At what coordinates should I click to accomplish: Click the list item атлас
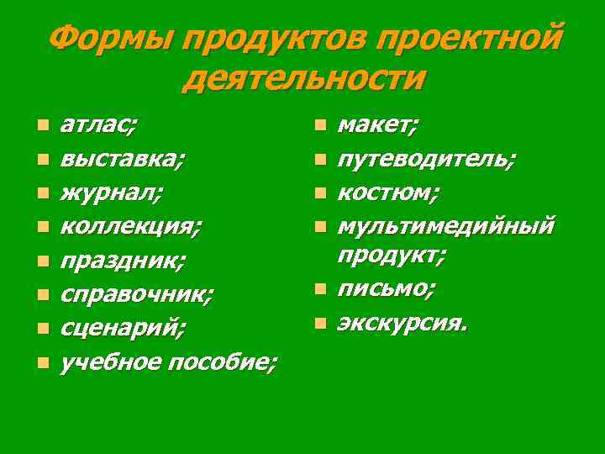(100, 125)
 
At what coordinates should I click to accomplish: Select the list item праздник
(123, 261)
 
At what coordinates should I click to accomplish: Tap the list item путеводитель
(428, 159)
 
